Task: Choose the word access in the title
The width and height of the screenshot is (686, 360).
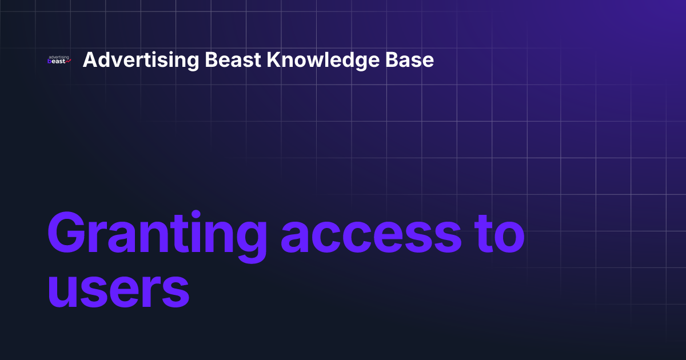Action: [x=370, y=234]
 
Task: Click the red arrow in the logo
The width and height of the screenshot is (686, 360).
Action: [x=68, y=61]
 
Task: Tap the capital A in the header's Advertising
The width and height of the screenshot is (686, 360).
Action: [x=89, y=60]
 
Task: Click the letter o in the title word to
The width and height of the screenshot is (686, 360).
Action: [x=509, y=237]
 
